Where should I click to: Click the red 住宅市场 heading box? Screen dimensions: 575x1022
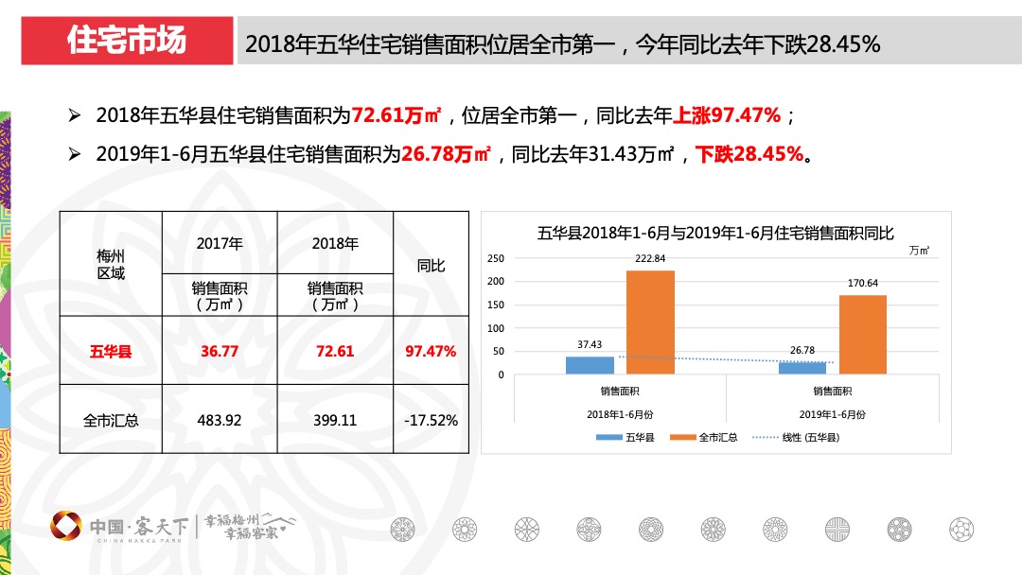(127, 41)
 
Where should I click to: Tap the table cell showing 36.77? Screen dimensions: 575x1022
(220, 351)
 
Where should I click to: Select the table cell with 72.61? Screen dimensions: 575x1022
(335, 351)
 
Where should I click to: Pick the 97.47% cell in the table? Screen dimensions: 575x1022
(431, 351)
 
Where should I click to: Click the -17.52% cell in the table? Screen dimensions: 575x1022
(431, 420)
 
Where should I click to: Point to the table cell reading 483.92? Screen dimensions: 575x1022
(220, 420)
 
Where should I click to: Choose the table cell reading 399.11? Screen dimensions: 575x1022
(335, 420)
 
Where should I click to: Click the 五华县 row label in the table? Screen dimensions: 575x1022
(111, 351)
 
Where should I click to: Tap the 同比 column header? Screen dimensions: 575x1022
(431, 266)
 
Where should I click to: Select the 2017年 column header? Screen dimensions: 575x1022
(220, 243)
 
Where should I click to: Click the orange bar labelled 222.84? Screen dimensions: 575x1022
(650, 322)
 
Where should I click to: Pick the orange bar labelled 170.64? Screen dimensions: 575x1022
(863, 335)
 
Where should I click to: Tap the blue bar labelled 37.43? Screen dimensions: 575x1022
(590, 366)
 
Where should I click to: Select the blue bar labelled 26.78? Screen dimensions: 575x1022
(802, 369)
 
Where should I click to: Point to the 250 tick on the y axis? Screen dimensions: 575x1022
(497, 258)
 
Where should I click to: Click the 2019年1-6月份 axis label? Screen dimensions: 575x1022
(833, 414)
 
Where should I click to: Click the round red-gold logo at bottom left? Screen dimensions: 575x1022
(65, 526)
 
